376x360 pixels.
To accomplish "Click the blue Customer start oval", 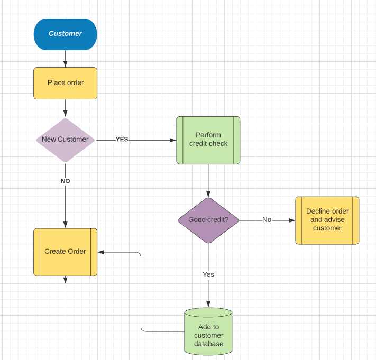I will (x=65, y=34).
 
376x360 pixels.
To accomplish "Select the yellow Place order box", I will (x=65, y=83).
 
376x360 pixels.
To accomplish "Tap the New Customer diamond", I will (x=65, y=140).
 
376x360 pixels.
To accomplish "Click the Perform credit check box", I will (x=208, y=140).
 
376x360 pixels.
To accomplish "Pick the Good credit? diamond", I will (x=208, y=220).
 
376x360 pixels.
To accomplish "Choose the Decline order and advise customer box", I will (x=327, y=220).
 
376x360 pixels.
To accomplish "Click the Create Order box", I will (x=65, y=252).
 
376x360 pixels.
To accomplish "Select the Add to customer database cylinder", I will (x=208, y=331).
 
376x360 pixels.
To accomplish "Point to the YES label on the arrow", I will (x=122, y=140).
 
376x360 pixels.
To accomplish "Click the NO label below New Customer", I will (x=65, y=181).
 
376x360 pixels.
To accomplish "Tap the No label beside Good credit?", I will (x=267, y=220).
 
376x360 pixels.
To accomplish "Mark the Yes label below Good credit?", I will (x=208, y=275).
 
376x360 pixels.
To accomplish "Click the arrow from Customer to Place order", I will (x=65, y=58).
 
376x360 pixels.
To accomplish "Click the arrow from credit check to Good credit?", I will (x=208, y=180).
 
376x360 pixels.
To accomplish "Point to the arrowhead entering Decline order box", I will (x=291, y=220).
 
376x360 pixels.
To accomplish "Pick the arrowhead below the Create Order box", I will (x=65, y=280).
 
